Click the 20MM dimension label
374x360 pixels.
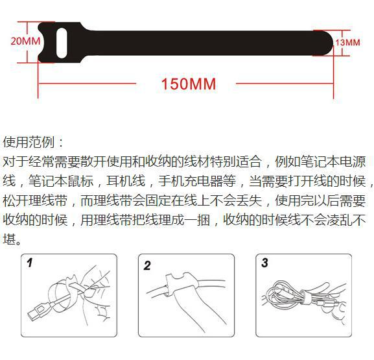pos(25,41)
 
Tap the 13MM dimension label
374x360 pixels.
pos(347,43)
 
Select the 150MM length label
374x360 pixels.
pos(189,84)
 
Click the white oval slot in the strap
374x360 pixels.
pos(62,43)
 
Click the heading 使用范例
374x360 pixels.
pos(29,142)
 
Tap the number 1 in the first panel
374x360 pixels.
pos(30,263)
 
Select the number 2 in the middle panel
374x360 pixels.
pos(147,265)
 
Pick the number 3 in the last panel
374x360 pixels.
pos(264,263)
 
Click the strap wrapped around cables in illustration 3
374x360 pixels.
pos(304,298)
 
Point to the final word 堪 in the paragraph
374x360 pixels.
pos(9,239)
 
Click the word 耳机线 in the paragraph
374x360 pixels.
pos(126,181)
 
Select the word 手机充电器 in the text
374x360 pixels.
pos(191,181)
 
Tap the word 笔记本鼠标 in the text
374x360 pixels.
pos(61,181)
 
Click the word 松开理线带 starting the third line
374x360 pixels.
pos(35,200)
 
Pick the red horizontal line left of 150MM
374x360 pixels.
pos(87,84)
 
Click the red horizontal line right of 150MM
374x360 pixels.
pos(285,84)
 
